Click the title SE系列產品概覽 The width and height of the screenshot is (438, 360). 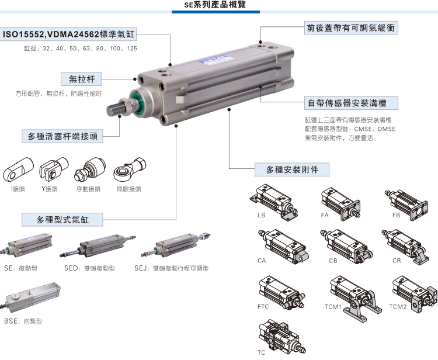218,5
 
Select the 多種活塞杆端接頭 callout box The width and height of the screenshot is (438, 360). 62,137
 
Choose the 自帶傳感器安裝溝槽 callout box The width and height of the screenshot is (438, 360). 353,103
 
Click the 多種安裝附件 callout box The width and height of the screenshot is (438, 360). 293,170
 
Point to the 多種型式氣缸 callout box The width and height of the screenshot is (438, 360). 62,220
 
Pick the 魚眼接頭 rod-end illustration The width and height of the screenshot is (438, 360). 128,169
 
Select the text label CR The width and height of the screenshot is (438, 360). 397,260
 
